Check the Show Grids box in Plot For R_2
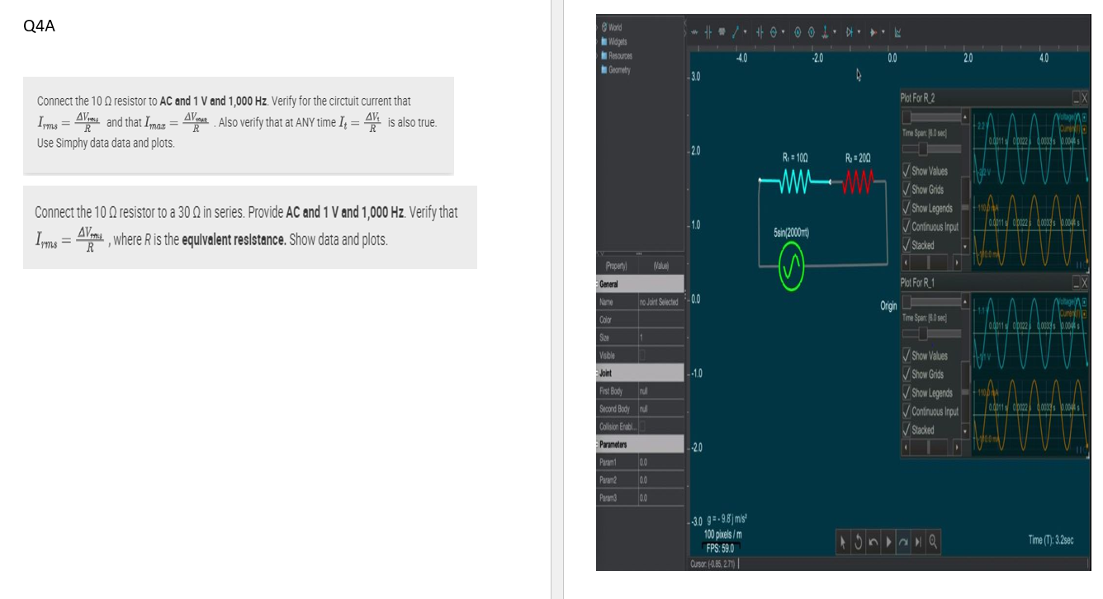coord(907,189)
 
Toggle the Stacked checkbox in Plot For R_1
coord(907,430)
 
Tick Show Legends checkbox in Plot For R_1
coord(907,393)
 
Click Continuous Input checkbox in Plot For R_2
coord(907,227)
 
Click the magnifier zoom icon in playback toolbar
coord(932,541)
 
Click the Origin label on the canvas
coord(888,305)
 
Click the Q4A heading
coord(40,26)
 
